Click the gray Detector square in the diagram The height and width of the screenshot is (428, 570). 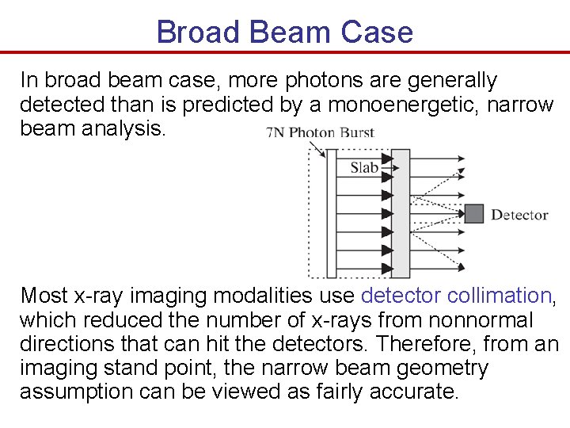[x=473, y=214]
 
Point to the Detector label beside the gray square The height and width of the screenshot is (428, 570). [x=519, y=215]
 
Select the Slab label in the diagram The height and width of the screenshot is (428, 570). [x=364, y=167]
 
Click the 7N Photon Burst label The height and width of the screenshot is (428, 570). [x=320, y=132]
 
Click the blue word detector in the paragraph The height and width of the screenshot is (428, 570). [x=401, y=296]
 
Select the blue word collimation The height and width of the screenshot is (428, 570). [x=499, y=296]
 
